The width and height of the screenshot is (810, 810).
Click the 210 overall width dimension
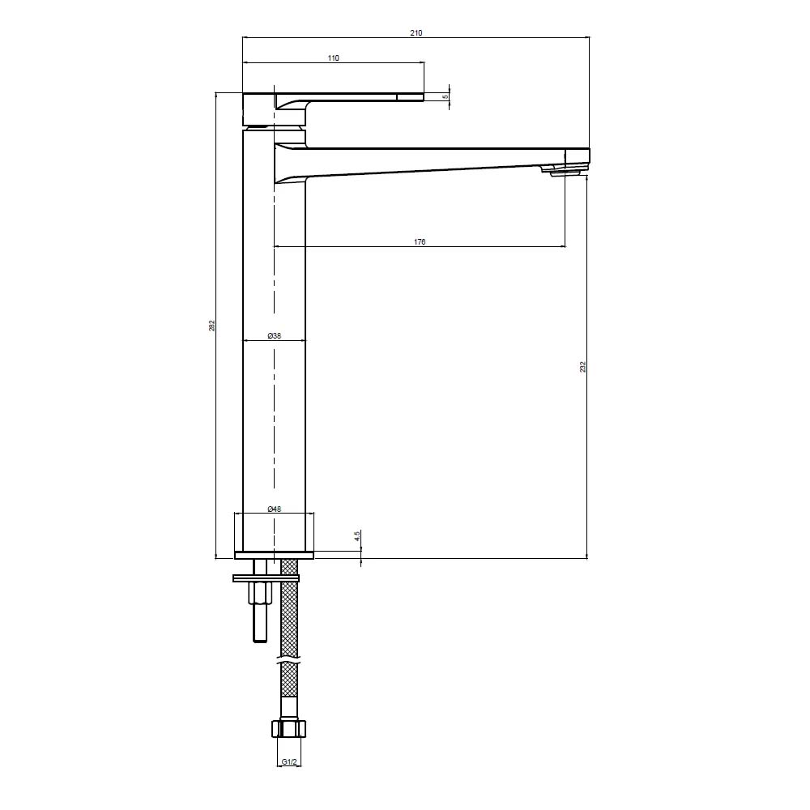coord(416,33)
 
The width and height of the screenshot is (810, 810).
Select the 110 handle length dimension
coord(333,58)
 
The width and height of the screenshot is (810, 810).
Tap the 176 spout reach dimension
coord(420,241)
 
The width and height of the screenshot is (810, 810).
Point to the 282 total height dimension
coord(211,326)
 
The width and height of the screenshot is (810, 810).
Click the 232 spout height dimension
coord(582,367)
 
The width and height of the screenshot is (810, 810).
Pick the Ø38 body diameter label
coord(275,336)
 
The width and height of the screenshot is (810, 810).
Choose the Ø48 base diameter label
coord(275,509)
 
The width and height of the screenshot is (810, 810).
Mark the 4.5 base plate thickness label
coord(357,536)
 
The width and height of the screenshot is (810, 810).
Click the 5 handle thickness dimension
coord(446,96)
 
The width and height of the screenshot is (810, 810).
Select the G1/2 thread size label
coord(289,762)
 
